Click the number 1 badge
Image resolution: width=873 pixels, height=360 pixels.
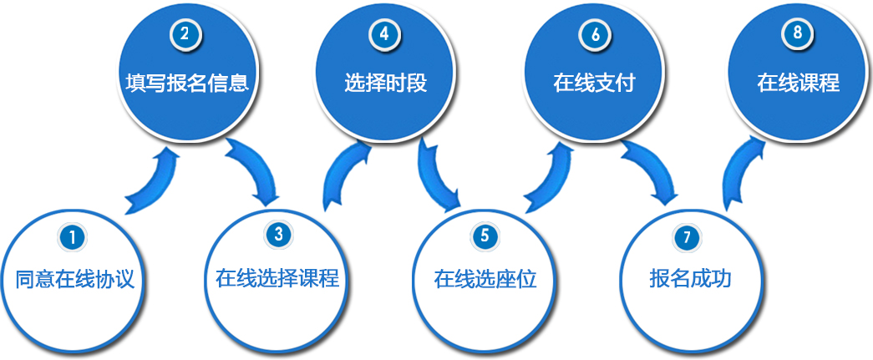tap(73, 237)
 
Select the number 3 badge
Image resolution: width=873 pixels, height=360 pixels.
tap(278, 235)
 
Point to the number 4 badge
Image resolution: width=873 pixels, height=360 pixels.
tap(384, 35)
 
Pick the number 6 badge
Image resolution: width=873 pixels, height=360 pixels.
tap(595, 35)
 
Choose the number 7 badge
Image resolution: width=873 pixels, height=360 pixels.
tap(687, 237)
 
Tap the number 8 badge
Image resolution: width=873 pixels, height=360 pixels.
tap(795, 34)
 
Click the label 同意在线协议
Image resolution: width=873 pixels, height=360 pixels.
tap(74, 279)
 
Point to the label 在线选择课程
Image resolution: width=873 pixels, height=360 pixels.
tap(277, 277)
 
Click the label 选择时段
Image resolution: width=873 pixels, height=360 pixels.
tap(385, 84)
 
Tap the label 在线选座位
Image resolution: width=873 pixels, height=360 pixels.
tap(485, 279)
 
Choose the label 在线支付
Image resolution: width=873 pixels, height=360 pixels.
tap(594, 84)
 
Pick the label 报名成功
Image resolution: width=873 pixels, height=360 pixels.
tap(690, 278)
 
